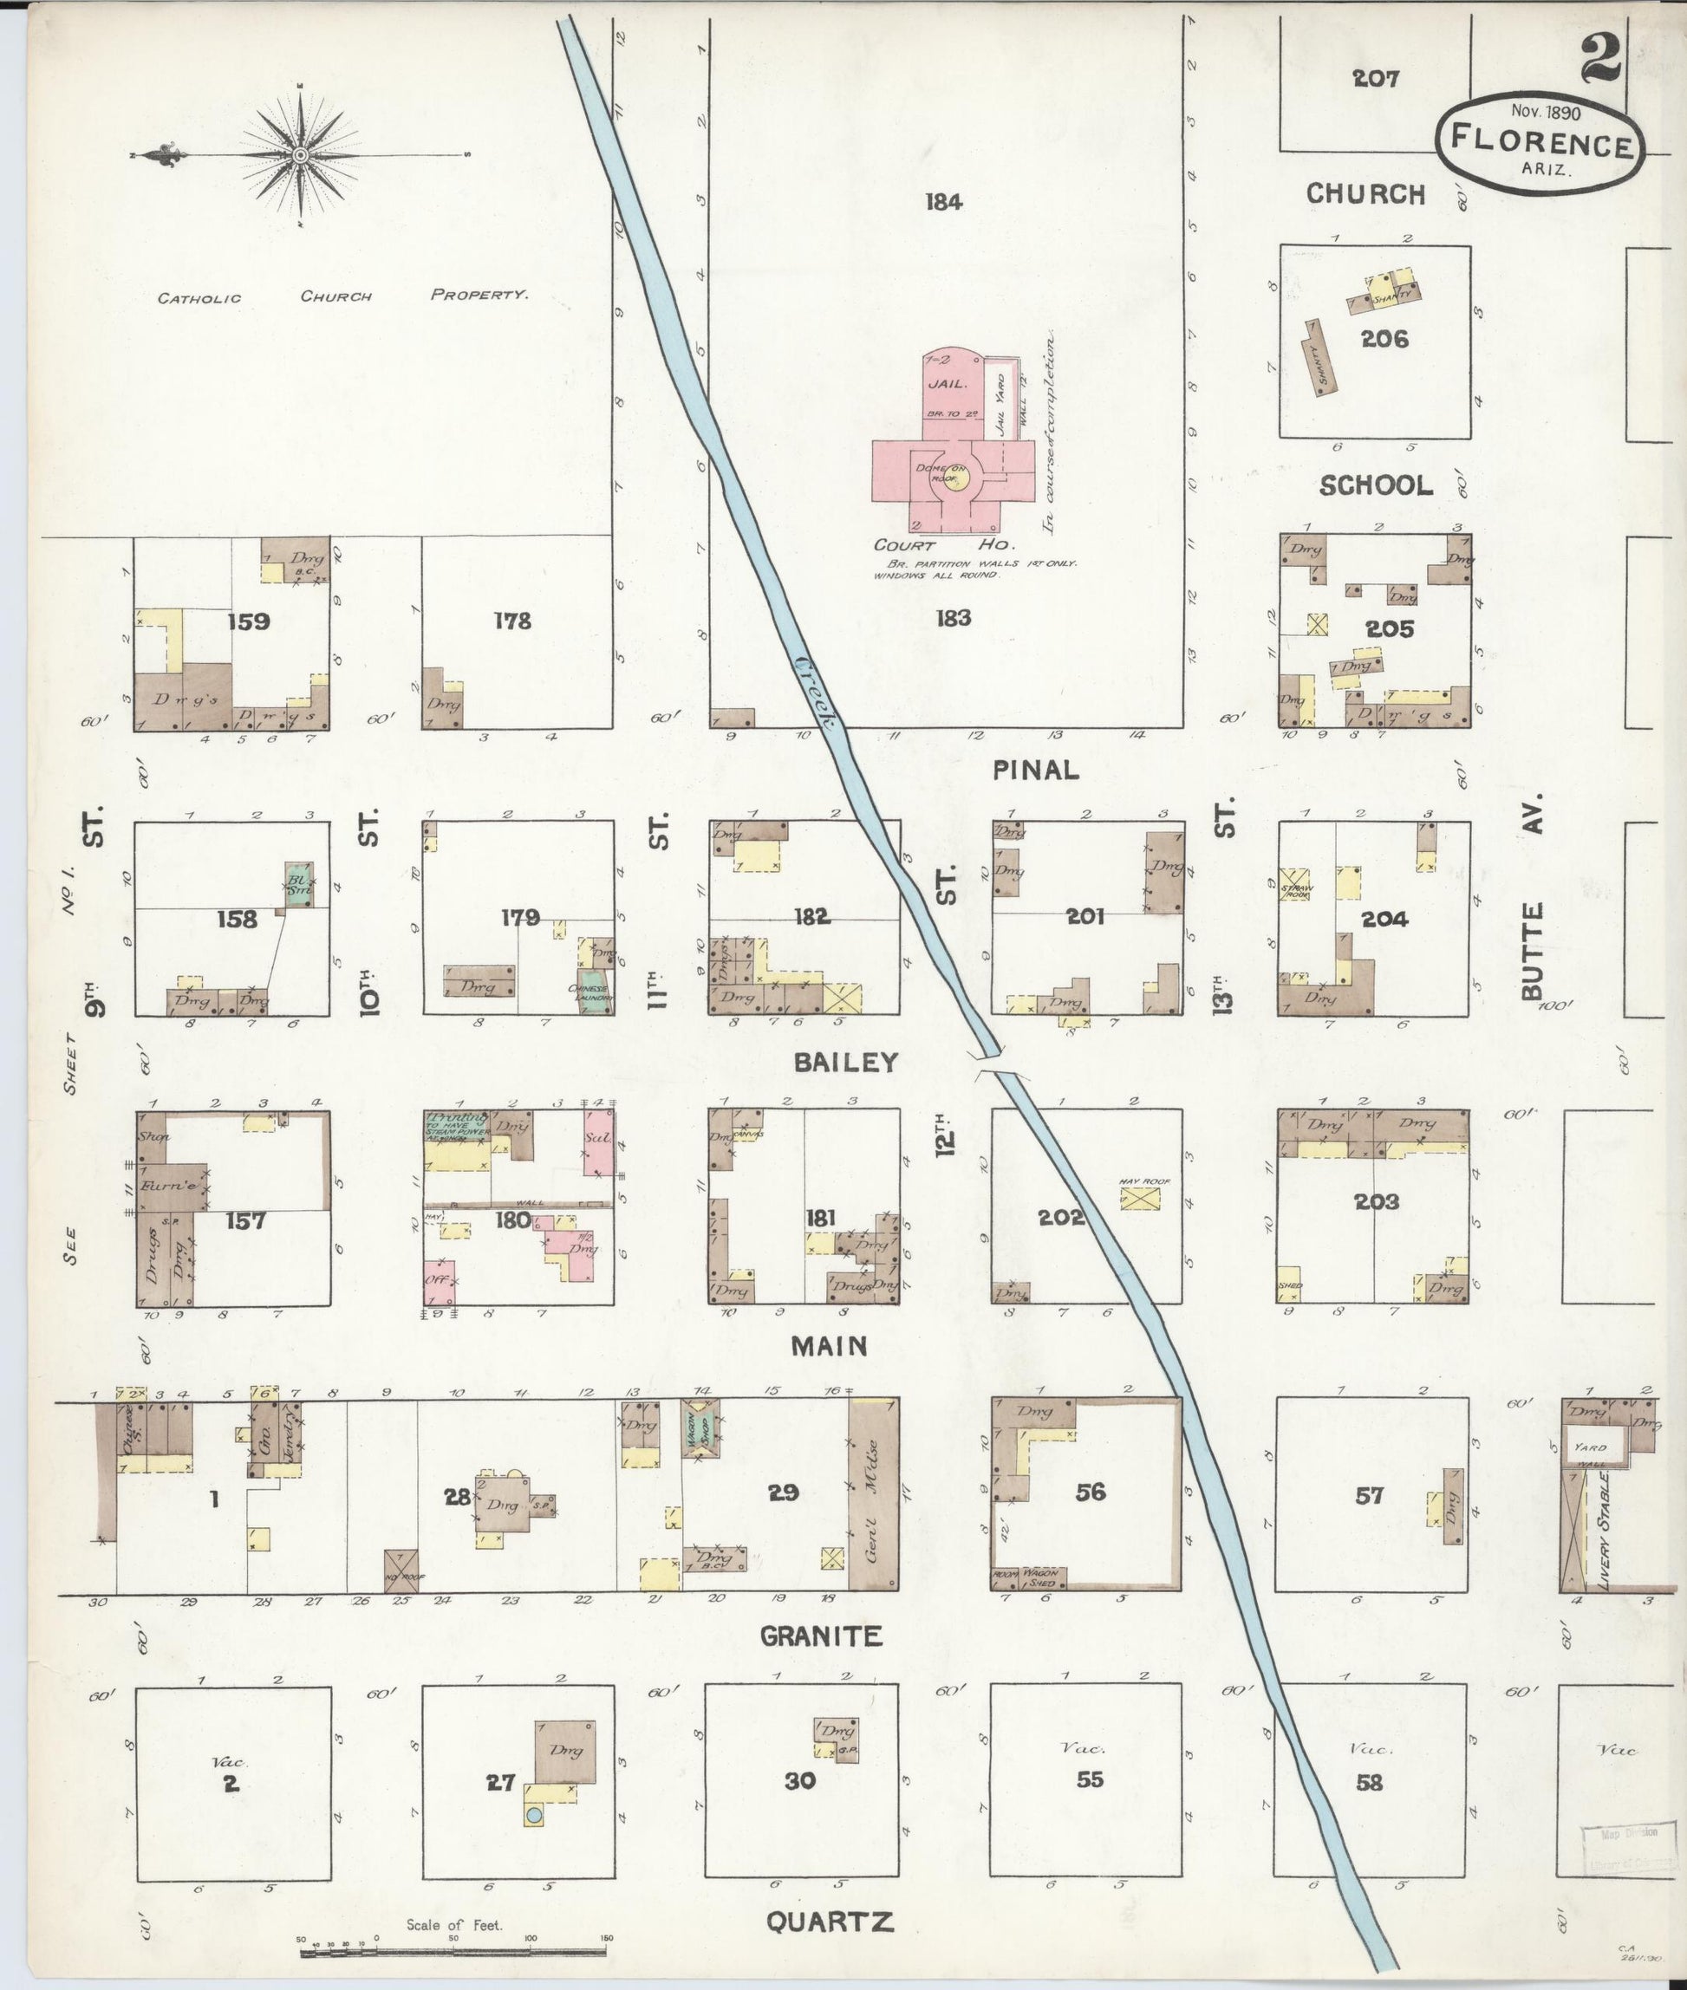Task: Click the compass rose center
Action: click(300, 155)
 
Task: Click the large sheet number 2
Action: click(1599, 58)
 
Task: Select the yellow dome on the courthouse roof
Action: click(953, 478)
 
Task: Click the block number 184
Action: click(943, 202)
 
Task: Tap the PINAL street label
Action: click(1036, 769)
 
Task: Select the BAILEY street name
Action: click(846, 1062)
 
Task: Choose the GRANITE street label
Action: click(821, 1636)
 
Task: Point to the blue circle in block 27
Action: click(535, 1814)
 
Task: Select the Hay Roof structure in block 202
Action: click(1144, 1198)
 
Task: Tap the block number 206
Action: click(1384, 339)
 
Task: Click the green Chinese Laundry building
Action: click(594, 997)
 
